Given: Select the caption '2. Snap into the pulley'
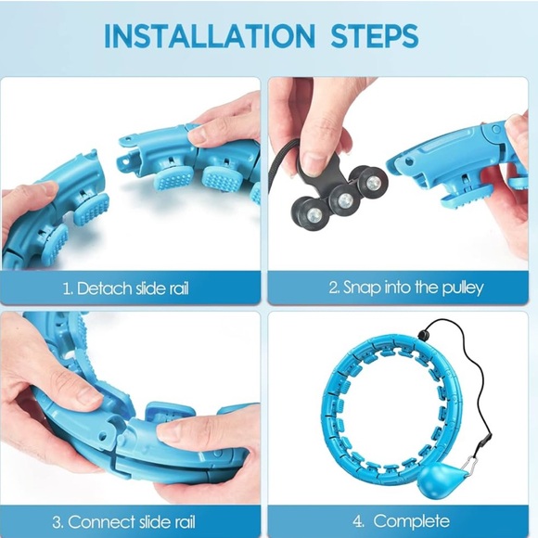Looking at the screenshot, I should pyautogui.click(x=405, y=288).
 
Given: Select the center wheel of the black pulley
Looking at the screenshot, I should pyautogui.click(x=344, y=200).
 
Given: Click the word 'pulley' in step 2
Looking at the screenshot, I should pyautogui.click(x=461, y=288).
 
